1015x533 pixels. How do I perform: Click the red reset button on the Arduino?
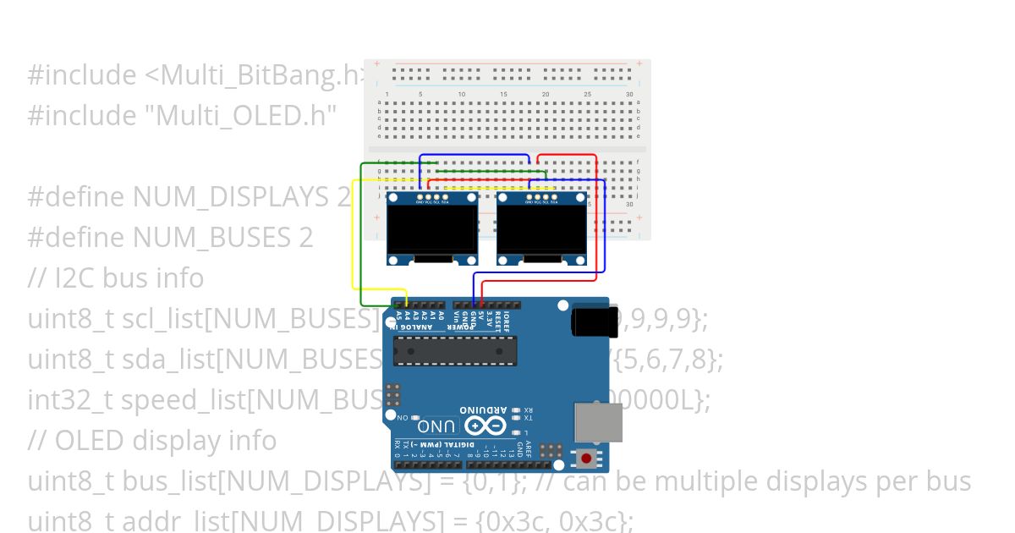click(585, 459)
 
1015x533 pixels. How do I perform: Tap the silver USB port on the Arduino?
click(598, 421)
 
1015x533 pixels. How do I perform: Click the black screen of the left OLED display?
click(431, 228)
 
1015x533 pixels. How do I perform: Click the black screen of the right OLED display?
click(541, 228)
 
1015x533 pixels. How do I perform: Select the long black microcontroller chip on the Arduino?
click(454, 350)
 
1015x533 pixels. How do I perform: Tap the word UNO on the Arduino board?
click(441, 426)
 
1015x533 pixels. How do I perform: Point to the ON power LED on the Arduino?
click(415, 417)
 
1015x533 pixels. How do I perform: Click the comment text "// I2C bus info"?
click(116, 278)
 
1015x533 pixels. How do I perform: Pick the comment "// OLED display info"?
click(152, 441)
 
